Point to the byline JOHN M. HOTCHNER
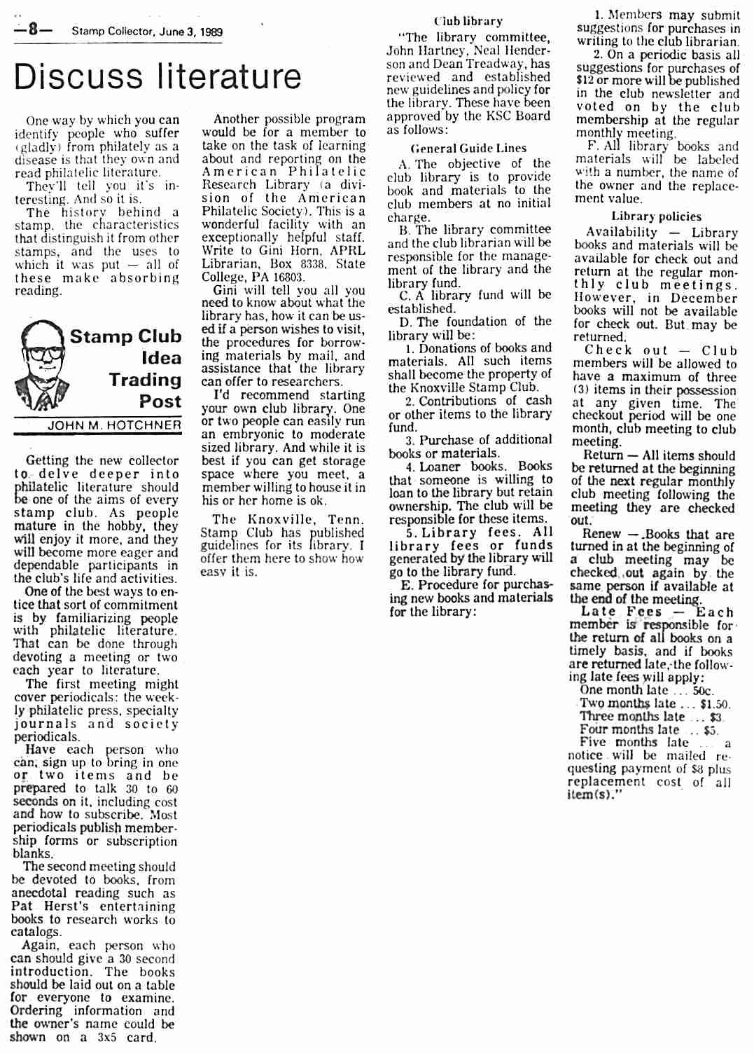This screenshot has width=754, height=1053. pyautogui.click(x=114, y=425)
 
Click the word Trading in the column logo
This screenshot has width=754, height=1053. pyautogui.click(x=145, y=380)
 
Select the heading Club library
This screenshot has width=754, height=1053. pyautogui.click(x=468, y=21)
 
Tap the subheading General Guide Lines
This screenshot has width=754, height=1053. pyautogui.click(x=468, y=148)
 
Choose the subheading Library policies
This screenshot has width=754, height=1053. pyautogui.click(x=656, y=216)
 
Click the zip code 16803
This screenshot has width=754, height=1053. pyautogui.click(x=289, y=277)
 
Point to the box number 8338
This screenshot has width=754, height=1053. pyautogui.click(x=312, y=264)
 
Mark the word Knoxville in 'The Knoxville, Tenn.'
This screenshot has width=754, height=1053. pyautogui.click(x=279, y=520)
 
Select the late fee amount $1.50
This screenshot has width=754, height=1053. pyautogui.click(x=714, y=704)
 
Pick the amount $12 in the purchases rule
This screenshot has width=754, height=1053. pyautogui.click(x=585, y=81)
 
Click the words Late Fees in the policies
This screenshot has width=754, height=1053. pyautogui.click(x=622, y=612)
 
